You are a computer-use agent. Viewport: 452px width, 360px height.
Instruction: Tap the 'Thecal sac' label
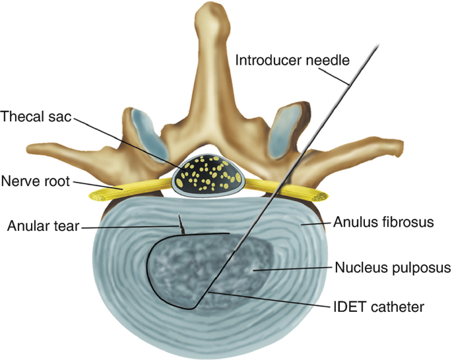pyautogui.click(x=36, y=117)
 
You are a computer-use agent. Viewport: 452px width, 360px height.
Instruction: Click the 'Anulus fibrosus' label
pyautogui.click(x=385, y=223)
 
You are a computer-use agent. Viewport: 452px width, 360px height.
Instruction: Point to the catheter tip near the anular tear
pyautogui.click(x=228, y=233)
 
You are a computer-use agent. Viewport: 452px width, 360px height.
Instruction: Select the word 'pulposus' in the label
pyautogui.click(x=420, y=268)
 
